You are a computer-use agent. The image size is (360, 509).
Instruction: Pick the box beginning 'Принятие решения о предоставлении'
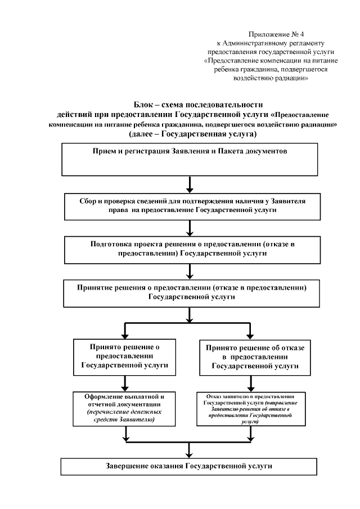coord(191,292)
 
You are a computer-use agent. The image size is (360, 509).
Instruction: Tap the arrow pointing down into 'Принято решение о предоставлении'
coord(124,331)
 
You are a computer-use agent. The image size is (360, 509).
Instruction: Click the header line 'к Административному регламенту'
coord(271,43)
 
